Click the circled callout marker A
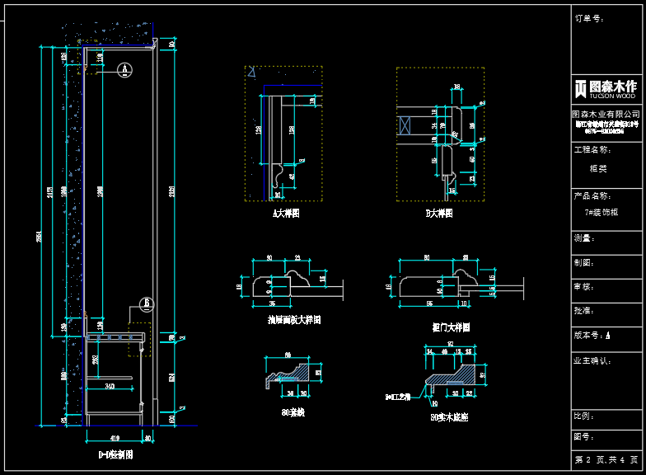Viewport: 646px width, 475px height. (x=123, y=68)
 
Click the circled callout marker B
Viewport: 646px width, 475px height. (x=146, y=303)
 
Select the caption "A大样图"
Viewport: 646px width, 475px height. (x=286, y=213)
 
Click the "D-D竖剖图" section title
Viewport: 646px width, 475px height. (x=115, y=454)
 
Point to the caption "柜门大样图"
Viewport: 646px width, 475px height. (x=451, y=327)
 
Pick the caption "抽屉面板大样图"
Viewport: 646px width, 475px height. (x=294, y=319)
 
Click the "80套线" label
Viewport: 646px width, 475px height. (x=293, y=412)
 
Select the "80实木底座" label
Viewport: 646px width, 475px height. (x=449, y=418)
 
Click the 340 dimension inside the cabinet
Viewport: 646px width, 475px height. (x=110, y=385)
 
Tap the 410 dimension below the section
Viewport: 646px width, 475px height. (x=115, y=438)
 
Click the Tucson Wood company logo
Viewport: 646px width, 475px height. (x=606, y=88)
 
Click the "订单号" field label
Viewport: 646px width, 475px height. (x=589, y=17)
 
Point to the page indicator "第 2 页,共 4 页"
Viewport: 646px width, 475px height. (x=606, y=459)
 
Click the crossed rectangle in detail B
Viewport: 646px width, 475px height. (x=404, y=126)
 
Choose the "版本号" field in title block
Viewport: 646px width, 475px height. (x=592, y=336)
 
